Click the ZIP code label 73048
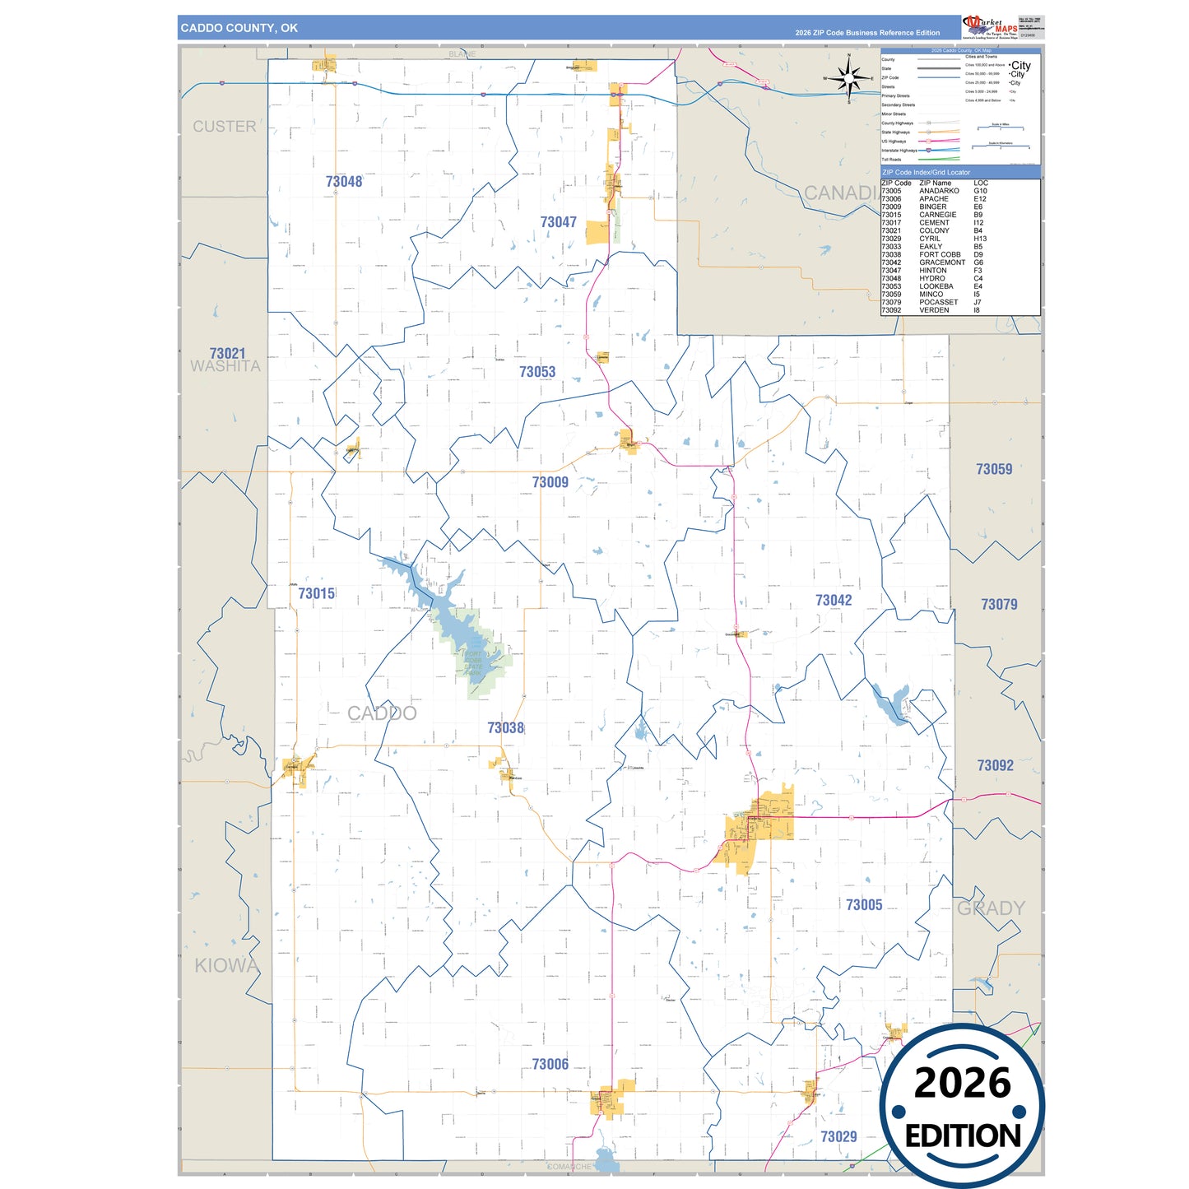pos(344,182)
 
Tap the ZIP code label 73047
pos(559,222)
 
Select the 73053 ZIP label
pos(537,372)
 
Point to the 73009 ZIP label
pos(550,482)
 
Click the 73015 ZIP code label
pos(317,593)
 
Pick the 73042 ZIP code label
pos(834,601)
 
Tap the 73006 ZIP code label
pos(550,1064)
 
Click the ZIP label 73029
pos(838,1136)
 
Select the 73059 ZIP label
pos(994,469)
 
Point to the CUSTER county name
pos(225,127)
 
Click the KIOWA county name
pos(226,965)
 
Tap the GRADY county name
pos(991,908)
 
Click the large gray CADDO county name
pos(382,713)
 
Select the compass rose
pos(850,79)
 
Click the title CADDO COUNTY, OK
pos(239,28)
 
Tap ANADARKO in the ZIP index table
pos(939,191)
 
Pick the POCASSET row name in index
pos(938,302)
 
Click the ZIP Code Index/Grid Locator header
pos(926,173)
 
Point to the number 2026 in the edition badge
pos(962,1083)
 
